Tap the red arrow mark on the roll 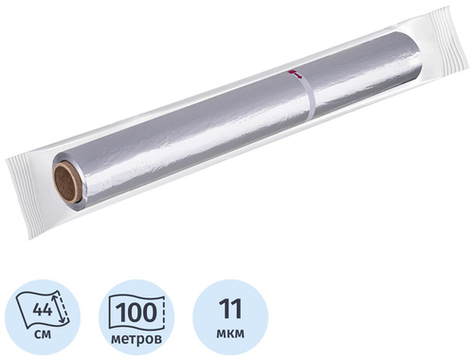point(294,74)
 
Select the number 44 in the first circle point(43,310)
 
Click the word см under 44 point(42,333)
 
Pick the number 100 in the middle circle point(137,312)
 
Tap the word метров point(137,339)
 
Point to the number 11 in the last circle point(230,309)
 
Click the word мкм point(230,333)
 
